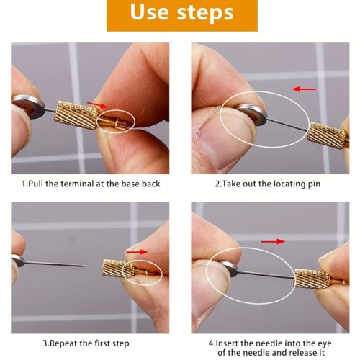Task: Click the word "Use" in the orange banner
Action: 149,12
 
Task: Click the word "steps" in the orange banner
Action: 205,13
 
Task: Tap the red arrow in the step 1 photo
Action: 97,104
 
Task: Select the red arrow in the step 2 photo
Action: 304,89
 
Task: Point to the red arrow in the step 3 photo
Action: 137,252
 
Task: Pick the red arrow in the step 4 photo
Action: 273,241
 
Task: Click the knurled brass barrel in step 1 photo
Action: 76,115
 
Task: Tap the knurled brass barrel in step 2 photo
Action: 327,135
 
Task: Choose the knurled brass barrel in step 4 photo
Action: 312,279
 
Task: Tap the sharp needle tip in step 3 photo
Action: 85,266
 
